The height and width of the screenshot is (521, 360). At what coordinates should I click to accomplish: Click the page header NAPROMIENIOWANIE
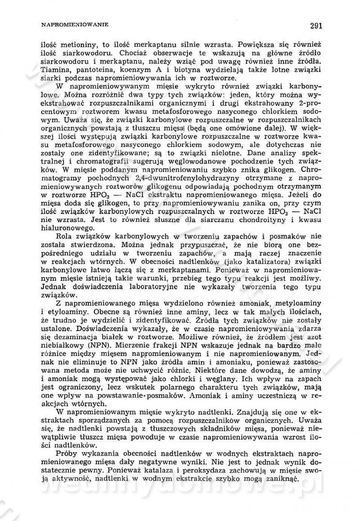point(74,25)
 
